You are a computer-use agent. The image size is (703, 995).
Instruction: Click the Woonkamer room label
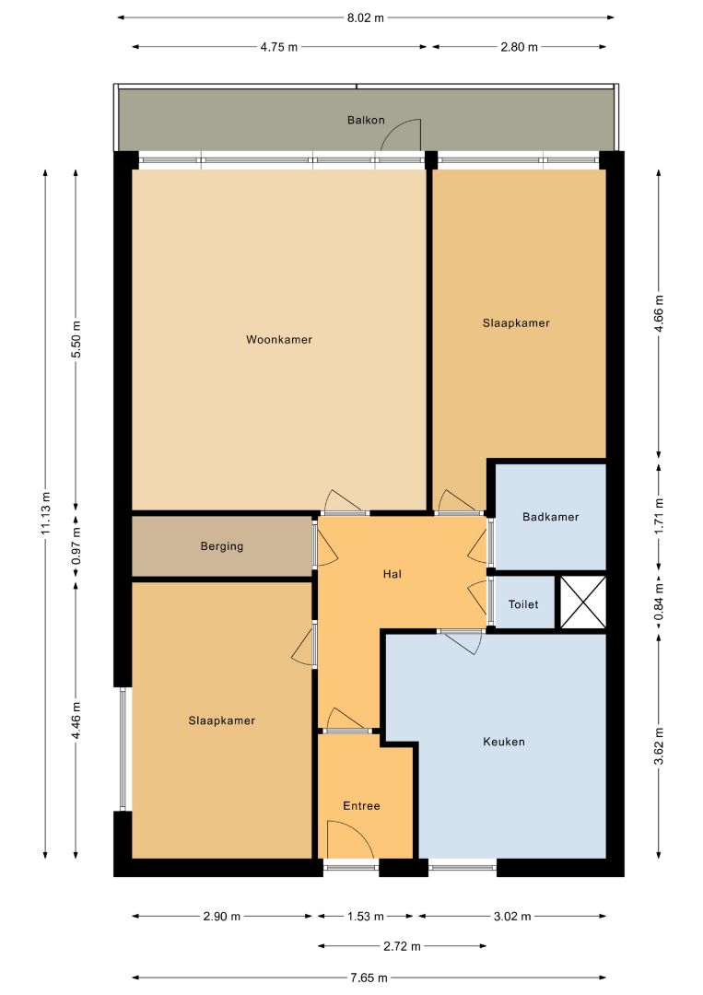tap(279, 339)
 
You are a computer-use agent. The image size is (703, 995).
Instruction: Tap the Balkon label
tap(366, 120)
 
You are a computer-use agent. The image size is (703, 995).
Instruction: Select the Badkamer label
tap(551, 517)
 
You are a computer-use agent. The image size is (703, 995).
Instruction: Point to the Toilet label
tap(523, 604)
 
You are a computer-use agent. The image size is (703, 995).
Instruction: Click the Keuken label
tap(504, 741)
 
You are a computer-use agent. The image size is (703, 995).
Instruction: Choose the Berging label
tap(222, 545)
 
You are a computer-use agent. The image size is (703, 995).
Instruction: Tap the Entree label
tap(362, 805)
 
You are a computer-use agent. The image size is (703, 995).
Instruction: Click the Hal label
tap(393, 574)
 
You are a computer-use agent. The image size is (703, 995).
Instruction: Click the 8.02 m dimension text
tap(366, 18)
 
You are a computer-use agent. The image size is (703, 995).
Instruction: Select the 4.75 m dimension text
tap(278, 47)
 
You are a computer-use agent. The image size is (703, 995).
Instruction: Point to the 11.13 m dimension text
tap(45, 513)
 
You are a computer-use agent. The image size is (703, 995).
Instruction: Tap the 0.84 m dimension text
tap(659, 603)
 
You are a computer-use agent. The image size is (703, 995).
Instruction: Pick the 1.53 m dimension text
tap(365, 917)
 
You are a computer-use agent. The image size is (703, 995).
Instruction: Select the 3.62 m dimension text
tap(659, 745)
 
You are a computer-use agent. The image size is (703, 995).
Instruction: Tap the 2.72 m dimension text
tap(402, 946)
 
